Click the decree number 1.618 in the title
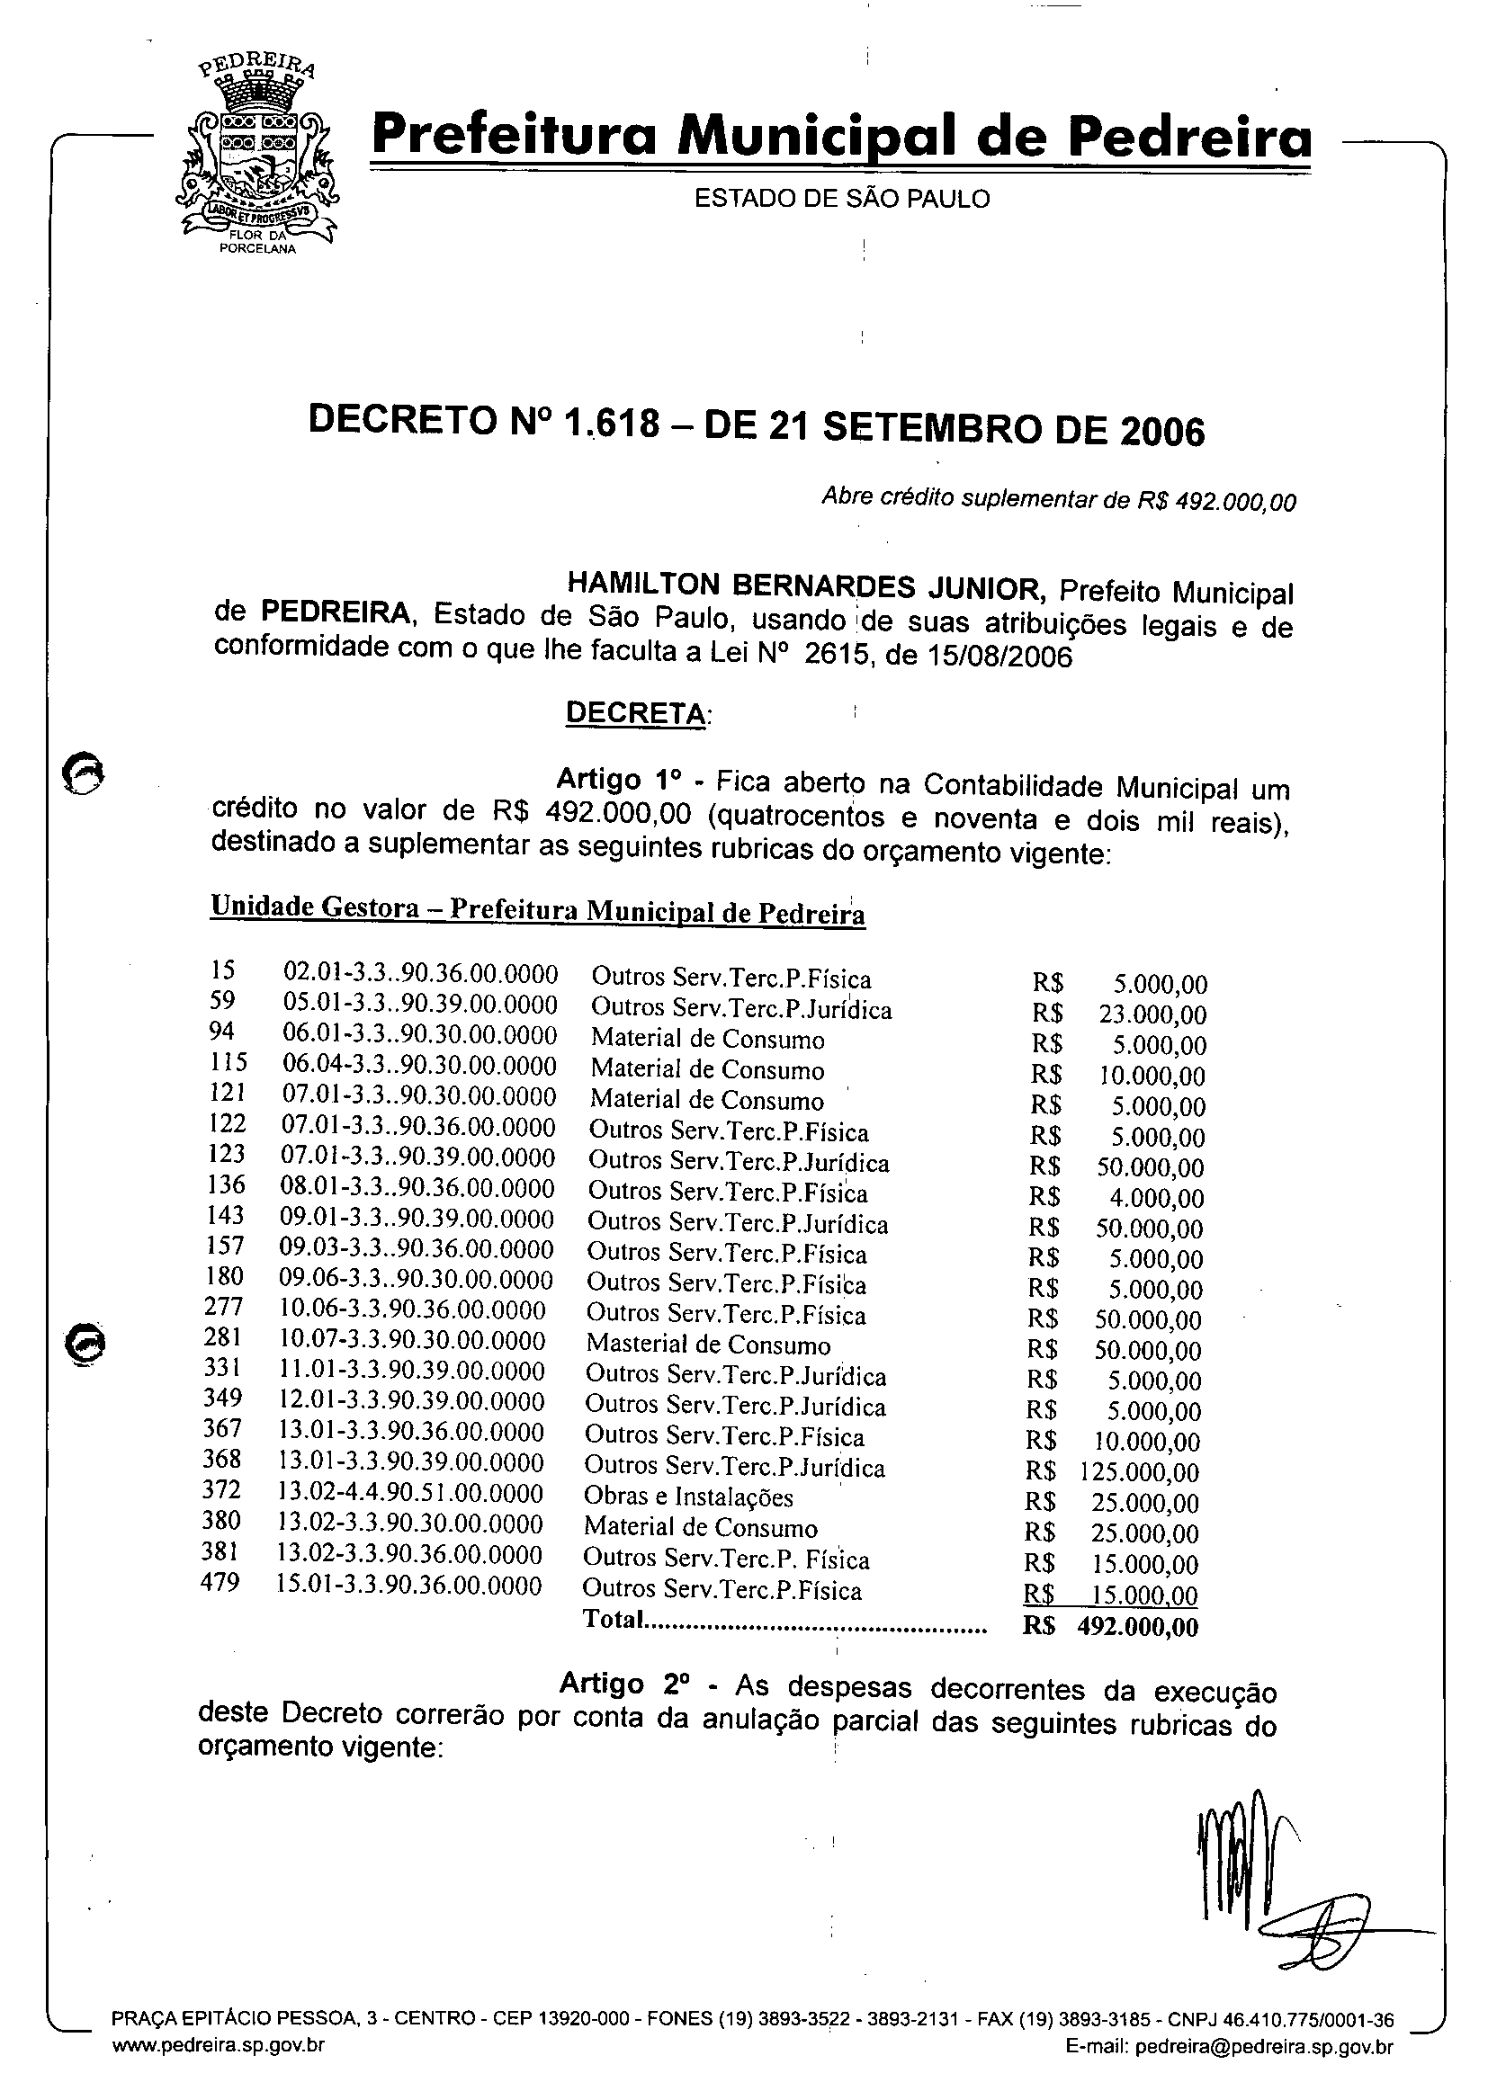(x=613, y=423)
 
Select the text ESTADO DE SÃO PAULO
(x=841, y=199)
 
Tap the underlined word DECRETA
(x=637, y=712)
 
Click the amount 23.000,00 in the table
(x=1152, y=1014)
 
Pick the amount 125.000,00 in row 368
(x=1140, y=1472)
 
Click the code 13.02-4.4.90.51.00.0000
(x=410, y=1494)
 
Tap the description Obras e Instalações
(x=688, y=1497)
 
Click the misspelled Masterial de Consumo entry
(x=707, y=1345)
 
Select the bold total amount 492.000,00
(x=1137, y=1627)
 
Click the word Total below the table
(x=612, y=1619)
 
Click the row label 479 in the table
(x=220, y=1582)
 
